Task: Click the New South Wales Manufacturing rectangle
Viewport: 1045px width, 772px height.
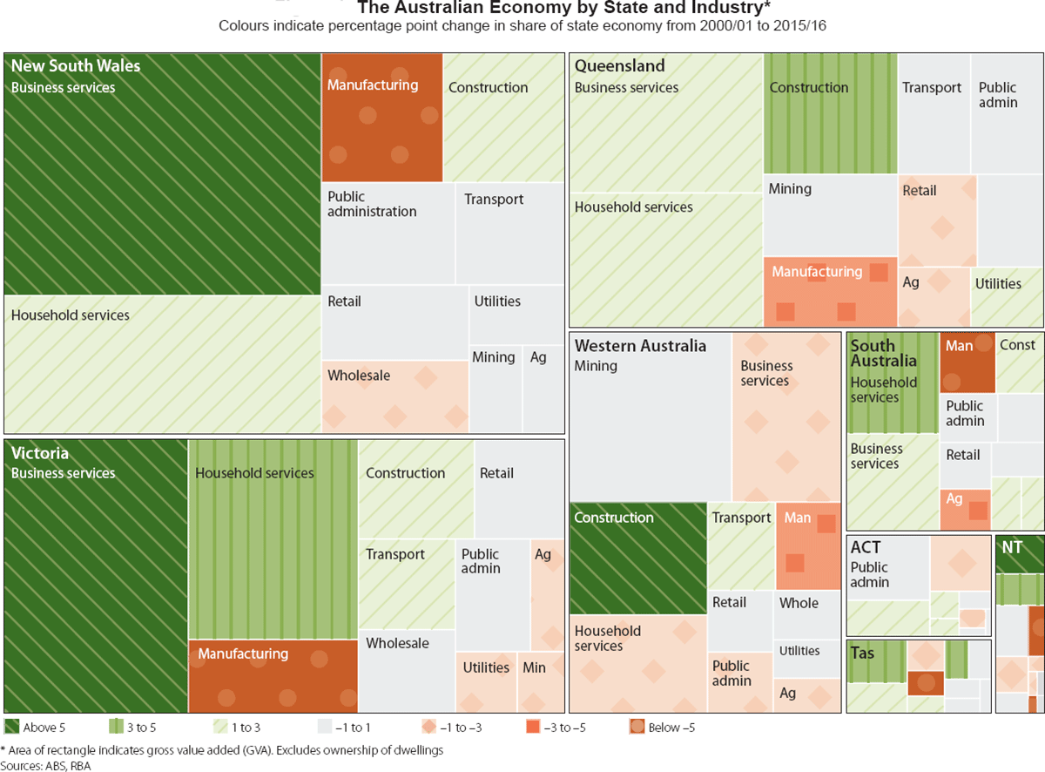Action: tap(381, 118)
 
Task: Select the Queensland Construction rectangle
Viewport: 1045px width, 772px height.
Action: tap(830, 113)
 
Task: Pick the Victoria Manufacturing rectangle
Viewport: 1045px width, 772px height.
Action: tap(273, 676)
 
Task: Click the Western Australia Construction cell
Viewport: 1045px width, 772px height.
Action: tap(637, 559)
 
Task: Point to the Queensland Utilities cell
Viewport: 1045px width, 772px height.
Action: tap(1008, 296)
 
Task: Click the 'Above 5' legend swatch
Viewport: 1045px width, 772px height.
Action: tap(12, 727)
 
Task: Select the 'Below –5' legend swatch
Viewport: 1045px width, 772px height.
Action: tap(637, 727)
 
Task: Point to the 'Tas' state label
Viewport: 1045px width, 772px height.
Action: tap(862, 653)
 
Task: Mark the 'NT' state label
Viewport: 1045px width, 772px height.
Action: tap(1012, 547)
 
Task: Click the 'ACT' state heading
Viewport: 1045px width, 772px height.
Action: tap(866, 547)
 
